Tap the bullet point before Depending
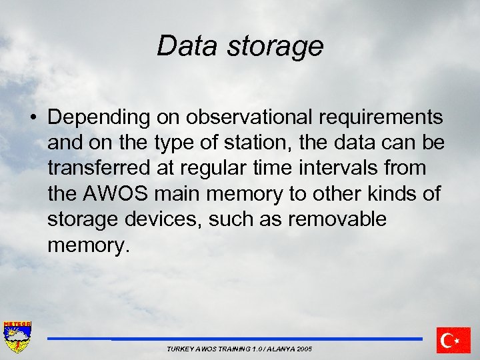pyautogui.click(x=32, y=118)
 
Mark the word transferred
pyautogui.click(x=96, y=169)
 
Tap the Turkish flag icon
pyautogui.click(x=453, y=340)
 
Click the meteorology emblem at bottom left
pyautogui.click(x=17, y=339)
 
